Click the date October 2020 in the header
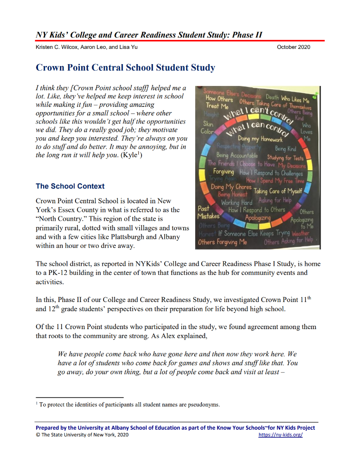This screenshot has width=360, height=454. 294,47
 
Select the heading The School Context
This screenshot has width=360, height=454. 70,186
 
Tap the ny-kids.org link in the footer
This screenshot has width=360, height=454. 280,435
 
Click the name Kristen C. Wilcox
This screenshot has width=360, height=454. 57,47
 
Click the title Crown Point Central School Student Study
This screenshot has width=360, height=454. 125,68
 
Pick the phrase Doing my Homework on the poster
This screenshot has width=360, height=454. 260,139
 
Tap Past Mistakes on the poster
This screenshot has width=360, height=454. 208,212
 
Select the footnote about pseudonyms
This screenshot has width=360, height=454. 129,405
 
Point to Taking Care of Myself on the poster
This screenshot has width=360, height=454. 277,191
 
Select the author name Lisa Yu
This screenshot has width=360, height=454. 128,47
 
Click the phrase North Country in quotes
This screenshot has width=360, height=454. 59,219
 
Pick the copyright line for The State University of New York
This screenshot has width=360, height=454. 82,435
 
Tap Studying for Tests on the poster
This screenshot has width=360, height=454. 285,158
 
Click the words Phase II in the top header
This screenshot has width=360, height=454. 246,35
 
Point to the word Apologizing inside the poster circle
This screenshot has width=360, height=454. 258,218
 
